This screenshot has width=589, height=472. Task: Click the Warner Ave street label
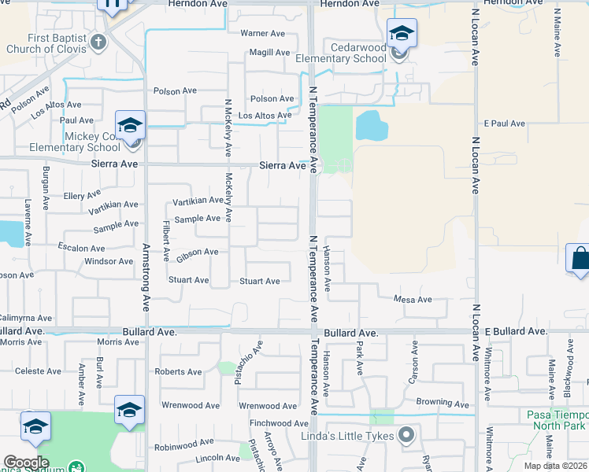tap(262, 33)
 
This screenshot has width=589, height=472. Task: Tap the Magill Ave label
tap(269, 52)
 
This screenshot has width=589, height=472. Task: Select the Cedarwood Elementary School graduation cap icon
tap(402, 33)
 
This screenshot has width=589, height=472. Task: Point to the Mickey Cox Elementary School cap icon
tap(130, 125)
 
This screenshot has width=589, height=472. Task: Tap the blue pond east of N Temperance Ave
tap(371, 124)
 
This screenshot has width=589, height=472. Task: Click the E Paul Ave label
tap(505, 124)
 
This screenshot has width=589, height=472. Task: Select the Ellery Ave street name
tap(83, 194)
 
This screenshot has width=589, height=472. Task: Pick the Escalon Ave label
tap(88, 247)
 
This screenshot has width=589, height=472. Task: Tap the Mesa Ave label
tap(413, 300)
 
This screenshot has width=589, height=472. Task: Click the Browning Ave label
tap(442, 403)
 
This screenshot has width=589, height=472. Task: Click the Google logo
tap(26, 463)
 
